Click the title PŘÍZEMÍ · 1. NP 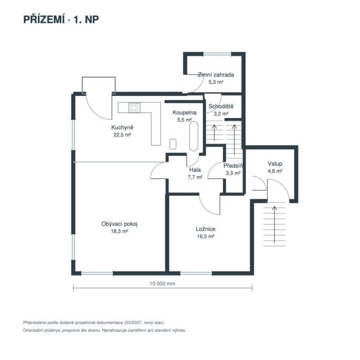pos(61,19)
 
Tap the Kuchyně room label pos(122,128)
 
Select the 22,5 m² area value pos(122,135)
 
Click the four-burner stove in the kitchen pos(134,108)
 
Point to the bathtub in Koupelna pos(194,136)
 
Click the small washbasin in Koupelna pos(173,144)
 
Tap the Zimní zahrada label pos(216,75)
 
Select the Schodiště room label pos(221,107)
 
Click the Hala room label pos(195,170)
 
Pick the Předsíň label pos(233,165)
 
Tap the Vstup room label pos(275,164)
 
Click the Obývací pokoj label pos(120,224)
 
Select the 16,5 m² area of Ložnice pos(206,236)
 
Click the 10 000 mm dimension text pos(162,283)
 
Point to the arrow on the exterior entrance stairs pos(274,224)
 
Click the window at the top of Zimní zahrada pos(217,54)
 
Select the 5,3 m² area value pos(216,82)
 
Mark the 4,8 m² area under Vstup pos(275,171)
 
